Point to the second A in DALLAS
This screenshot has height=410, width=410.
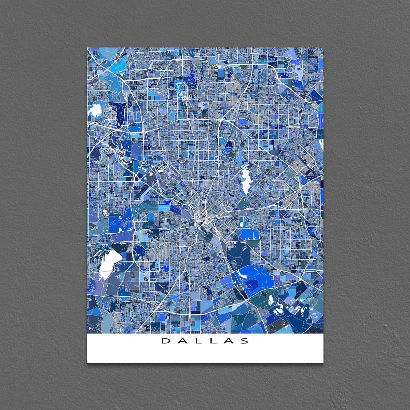(x=229, y=341)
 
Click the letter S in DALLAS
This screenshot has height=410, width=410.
(x=245, y=341)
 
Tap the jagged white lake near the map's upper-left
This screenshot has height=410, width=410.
(x=95, y=111)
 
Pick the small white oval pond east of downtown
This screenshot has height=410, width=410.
(x=241, y=224)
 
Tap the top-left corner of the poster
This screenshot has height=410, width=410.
(x=87, y=48)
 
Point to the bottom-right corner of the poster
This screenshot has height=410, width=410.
(x=323, y=363)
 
